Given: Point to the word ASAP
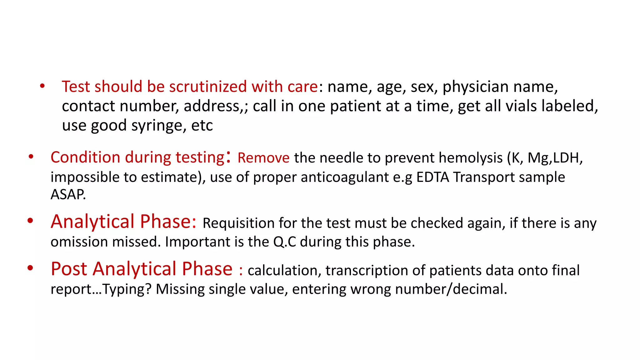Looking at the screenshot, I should [68, 194].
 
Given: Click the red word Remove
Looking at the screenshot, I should [263, 158].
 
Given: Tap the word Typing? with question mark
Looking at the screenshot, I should [127, 289].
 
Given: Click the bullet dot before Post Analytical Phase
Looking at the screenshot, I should [30, 268].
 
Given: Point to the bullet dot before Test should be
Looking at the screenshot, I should [42, 86].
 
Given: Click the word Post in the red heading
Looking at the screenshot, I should [69, 269].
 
